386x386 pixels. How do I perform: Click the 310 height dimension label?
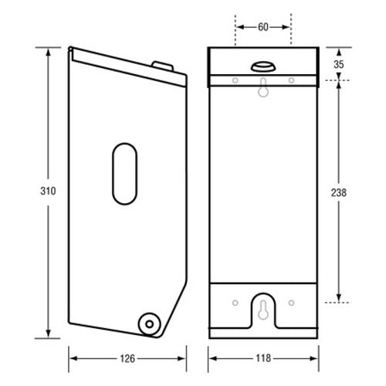[x=48, y=191]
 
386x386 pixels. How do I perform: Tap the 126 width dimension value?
[x=127, y=358]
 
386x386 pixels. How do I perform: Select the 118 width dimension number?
[x=263, y=358]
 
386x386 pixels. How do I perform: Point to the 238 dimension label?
[x=339, y=192]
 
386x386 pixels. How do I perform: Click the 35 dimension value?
[x=339, y=64]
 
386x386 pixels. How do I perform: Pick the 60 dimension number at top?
[x=263, y=27]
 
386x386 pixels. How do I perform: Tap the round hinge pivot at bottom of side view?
[x=150, y=324]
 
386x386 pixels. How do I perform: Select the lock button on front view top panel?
[x=263, y=66]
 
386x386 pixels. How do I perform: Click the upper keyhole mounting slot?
[x=263, y=88]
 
